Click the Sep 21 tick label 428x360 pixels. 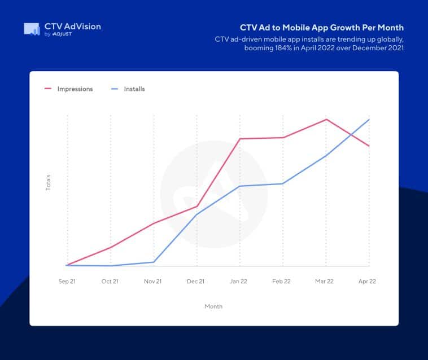(67, 281)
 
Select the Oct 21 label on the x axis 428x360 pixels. (110, 281)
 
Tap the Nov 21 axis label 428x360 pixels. (153, 281)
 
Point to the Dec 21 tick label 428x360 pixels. (196, 281)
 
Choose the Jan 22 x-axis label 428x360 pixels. (239, 281)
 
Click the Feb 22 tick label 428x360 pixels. (282, 281)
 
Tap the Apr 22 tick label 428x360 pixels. (368, 281)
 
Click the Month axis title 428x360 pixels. (213, 306)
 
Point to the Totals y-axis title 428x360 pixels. (48, 182)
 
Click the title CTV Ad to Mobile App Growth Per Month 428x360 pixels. (322, 27)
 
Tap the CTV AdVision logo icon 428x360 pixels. (32, 29)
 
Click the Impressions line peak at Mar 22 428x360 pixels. (326, 119)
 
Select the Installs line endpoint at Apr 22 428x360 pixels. (369, 119)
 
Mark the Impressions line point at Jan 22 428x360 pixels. (240, 138)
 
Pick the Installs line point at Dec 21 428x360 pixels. (196, 214)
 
